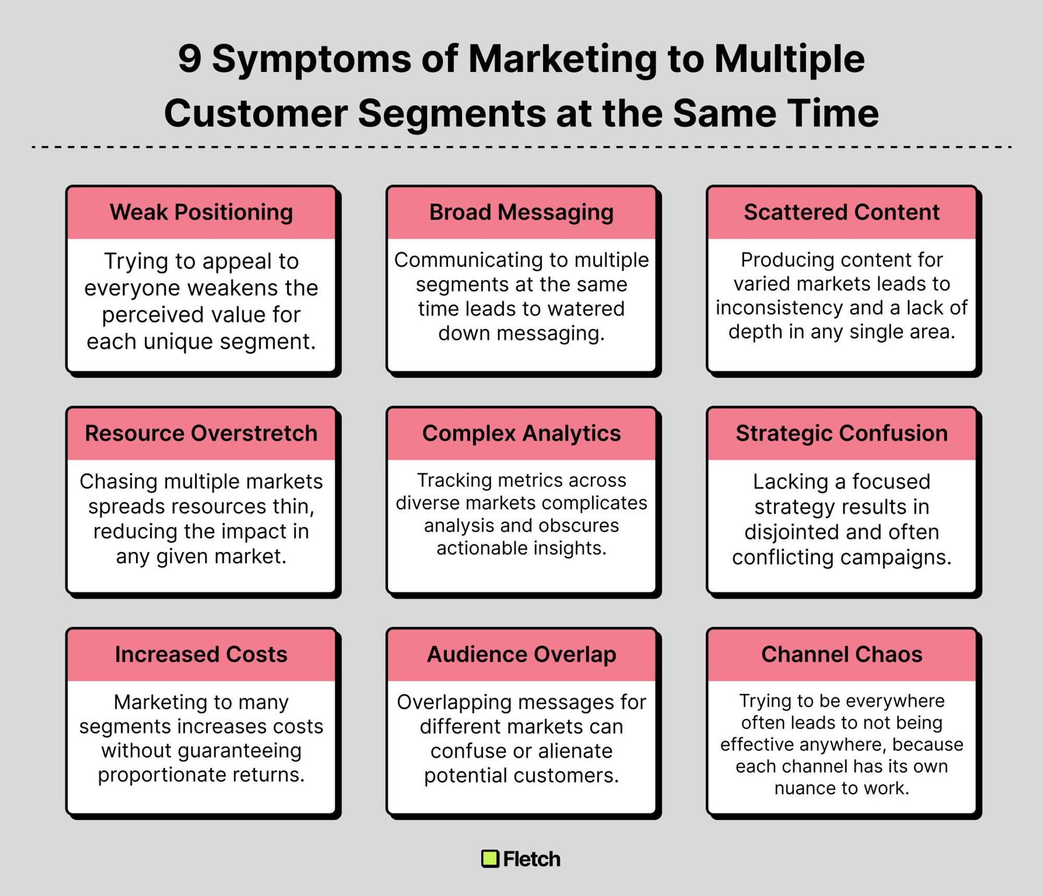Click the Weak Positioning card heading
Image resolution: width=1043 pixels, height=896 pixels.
tap(201, 212)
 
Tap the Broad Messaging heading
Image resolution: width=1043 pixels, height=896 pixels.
tap(521, 212)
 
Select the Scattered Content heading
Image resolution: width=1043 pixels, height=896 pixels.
tap(842, 212)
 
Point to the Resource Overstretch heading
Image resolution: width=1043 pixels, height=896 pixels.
tap(201, 433)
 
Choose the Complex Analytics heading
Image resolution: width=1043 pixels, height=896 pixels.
tap(521, 434)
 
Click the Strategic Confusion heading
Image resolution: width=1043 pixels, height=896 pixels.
tap(842, 434)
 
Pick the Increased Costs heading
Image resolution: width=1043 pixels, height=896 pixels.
tap(201, 654)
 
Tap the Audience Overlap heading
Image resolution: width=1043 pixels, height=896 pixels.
tap(521, 655)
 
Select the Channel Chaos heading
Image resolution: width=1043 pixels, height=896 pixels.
tap(842, 654)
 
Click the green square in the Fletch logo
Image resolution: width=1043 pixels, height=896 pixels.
tap(490, 859)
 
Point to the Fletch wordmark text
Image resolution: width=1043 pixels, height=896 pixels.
tap(532, 859)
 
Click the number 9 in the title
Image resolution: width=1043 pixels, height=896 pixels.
tap(190, 58)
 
